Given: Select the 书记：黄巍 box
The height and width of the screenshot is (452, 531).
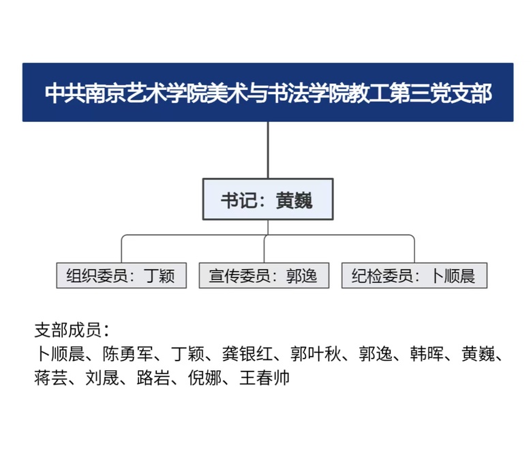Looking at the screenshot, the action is point(268,199).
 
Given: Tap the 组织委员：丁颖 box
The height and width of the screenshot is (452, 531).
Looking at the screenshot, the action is point(121,275).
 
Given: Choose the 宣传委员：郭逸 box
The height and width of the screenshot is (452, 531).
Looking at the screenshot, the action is point(264,275).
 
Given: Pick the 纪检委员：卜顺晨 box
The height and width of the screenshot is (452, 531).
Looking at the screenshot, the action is point(414,275).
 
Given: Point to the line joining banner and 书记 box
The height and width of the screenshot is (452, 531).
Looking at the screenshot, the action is point(268,150).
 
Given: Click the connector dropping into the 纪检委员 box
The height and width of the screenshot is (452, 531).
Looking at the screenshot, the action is point(414,249).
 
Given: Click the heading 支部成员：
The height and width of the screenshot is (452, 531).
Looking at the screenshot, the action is point(72,330).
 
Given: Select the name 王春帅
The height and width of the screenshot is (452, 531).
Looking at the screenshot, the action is point(264,378).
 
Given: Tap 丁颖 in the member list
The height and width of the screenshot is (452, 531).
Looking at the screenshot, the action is point(187,354).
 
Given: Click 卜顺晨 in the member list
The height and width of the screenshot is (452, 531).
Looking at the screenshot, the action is point(59,354).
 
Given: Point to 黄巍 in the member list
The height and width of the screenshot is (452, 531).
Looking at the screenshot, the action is point(478,354).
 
